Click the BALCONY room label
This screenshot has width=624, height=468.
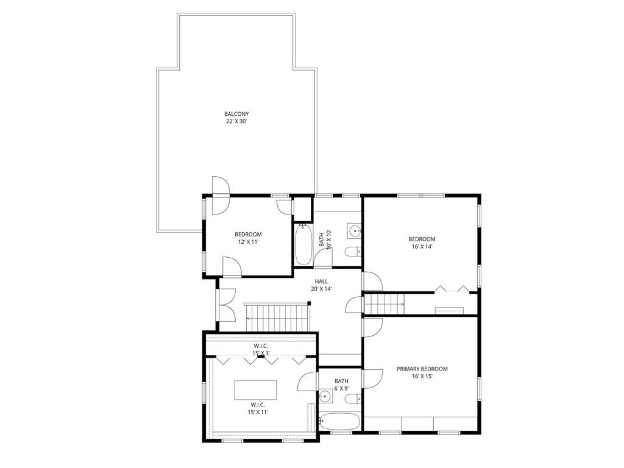click(236, 114)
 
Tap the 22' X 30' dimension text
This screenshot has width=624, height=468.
click(236, 122)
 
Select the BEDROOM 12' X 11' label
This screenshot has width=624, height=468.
click(248, 238)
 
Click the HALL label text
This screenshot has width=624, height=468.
click(321, 282)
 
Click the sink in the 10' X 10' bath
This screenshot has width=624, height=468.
click(355, 230)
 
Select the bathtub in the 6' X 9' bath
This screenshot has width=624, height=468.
click(340, 422)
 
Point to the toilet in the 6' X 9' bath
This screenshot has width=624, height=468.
click(352, 399)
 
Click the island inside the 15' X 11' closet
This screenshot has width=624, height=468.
click(255, 389)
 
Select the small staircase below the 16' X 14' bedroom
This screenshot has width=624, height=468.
click(384, 302)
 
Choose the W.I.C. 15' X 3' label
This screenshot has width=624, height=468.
click(261, 349)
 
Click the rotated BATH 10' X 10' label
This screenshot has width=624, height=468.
click(324, 239)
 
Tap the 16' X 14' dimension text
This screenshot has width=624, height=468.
click(421, 247)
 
